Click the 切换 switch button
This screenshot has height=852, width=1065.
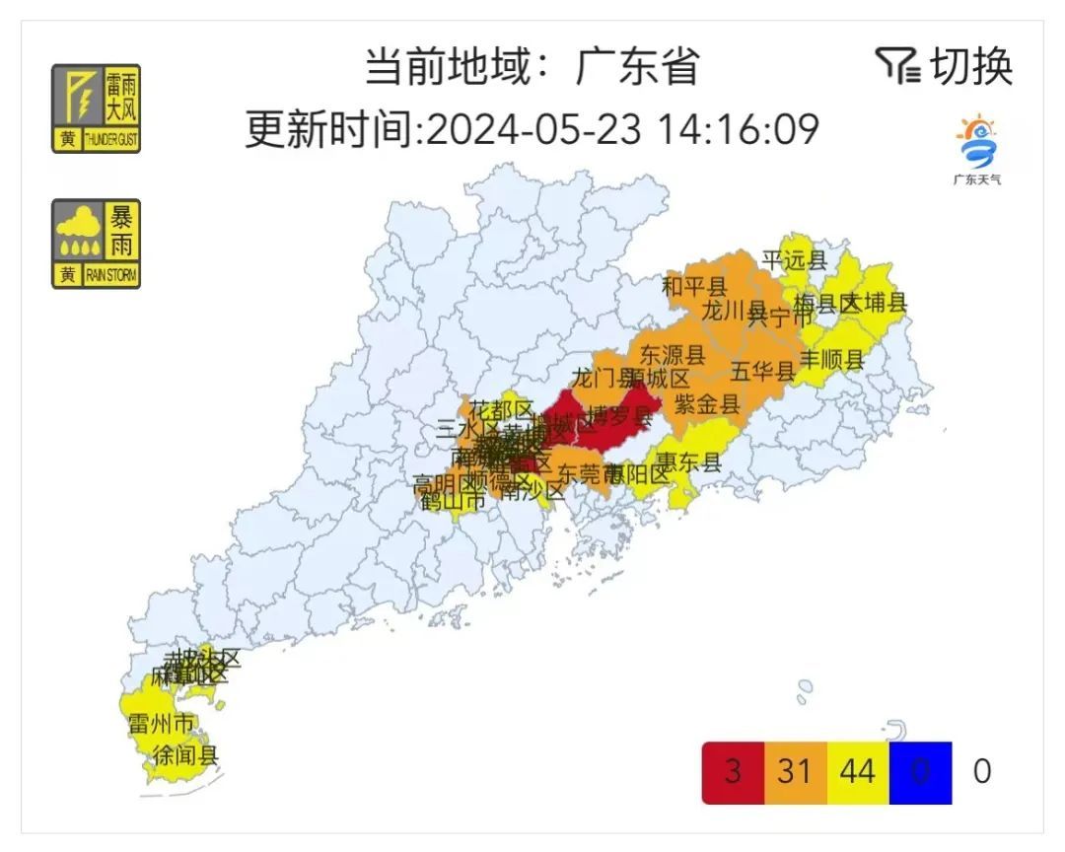(x=945, y=67)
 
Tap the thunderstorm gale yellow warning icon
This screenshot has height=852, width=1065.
(x=96, y=108)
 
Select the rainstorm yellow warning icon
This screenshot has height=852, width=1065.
(x=96, y=244)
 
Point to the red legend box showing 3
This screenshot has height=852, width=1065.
(x=732, y=771)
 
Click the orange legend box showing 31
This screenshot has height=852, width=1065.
(x=794, y=771)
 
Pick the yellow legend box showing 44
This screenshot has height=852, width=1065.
(x=857, y=771)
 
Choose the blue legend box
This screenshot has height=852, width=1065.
(x=920, y=771)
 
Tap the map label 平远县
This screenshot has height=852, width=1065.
(x=795, y=260)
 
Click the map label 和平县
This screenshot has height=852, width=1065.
(x=693, y=287)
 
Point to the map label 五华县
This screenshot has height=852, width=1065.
(x=763, y=372)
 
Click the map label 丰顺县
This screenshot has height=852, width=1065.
(x=831, y=360)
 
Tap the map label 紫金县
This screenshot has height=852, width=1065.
(x=707, y=403)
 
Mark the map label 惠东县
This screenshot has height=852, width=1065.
(x=689, y=461)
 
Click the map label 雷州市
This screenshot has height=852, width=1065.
(x=162, y=724)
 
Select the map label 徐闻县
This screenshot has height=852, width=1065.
(x=184, y=756)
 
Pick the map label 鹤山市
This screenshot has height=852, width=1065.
(x=453, y=501)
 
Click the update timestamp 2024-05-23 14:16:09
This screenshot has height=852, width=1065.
(x=623, y=128)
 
